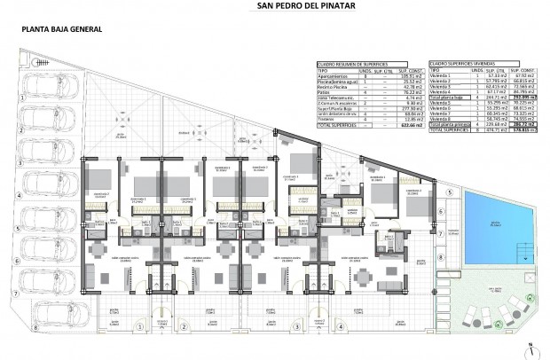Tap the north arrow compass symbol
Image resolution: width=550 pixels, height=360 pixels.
530,349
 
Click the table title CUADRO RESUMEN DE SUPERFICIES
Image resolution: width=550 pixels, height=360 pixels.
355,65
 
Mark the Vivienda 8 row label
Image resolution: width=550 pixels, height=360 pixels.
441,119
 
